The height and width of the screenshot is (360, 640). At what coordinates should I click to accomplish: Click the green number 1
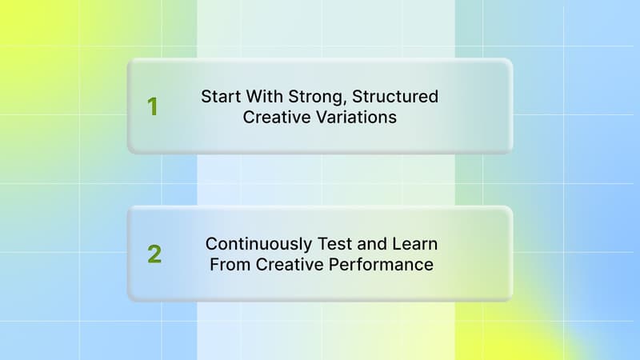152,106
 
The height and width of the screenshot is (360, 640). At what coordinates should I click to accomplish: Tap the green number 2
154,254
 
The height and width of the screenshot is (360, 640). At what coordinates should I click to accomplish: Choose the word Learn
414,243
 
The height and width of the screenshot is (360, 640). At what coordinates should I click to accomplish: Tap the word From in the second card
230,264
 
